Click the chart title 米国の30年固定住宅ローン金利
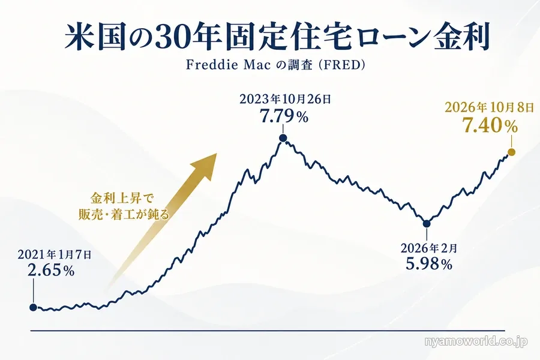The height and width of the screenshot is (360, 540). tap(277, 37)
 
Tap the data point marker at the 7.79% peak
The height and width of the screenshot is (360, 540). tap(283, 138)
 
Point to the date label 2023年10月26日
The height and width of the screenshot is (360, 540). tap(285, 99)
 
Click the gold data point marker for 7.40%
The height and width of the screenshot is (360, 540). tap(512, 152)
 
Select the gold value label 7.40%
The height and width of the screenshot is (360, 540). tap(490, 125)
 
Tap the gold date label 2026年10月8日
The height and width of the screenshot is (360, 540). tap(489, 107)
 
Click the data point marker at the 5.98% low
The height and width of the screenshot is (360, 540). tap(427, 224)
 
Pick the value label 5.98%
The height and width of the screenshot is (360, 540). tap(429, 264)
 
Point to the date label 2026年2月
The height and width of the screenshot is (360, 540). tap(429, 248)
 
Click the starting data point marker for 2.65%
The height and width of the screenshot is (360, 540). tap(33, 307)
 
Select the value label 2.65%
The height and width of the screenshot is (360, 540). tap(51, 271)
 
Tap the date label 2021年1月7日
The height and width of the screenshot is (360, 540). tap(55, 255)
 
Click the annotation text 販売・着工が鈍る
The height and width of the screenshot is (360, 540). tap(124, 215)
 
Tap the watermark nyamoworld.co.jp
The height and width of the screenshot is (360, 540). tap(476, 342)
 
